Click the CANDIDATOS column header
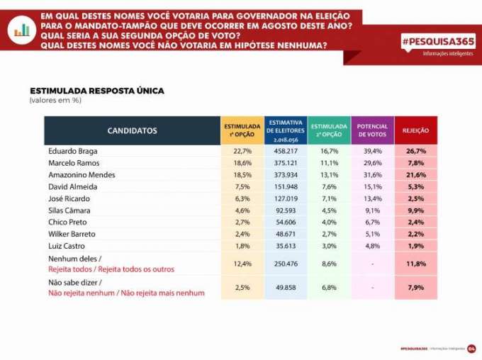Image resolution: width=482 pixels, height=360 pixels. point(132,130)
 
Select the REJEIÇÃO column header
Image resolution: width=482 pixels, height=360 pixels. point(415,130)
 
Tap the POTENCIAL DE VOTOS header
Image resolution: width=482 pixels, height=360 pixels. point(372,130)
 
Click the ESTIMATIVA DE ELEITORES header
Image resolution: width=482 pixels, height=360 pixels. point(285,130)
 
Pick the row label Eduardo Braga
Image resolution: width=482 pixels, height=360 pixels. point(72,151)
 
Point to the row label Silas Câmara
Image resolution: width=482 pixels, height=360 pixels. point(69,210)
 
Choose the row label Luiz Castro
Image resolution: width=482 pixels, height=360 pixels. point(67,246)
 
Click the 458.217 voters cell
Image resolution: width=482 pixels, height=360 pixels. point(285,151)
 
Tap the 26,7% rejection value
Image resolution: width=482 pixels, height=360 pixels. point(415,151)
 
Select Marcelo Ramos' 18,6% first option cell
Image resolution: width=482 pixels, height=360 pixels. point(242,163)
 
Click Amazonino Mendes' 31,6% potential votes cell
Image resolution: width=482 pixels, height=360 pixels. point(372,175)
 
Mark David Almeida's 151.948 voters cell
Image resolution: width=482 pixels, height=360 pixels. point(285,186)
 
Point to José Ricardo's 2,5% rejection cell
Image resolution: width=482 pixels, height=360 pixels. point(415,198)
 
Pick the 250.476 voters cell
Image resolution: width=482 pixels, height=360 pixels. point(285,264)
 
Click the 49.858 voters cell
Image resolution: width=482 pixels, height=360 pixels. point(285,288)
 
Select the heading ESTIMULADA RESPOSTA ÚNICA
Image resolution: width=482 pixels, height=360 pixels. point(97,91)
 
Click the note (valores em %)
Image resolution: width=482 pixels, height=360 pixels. point(56,101)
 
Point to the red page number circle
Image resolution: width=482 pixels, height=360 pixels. point(471,349)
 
